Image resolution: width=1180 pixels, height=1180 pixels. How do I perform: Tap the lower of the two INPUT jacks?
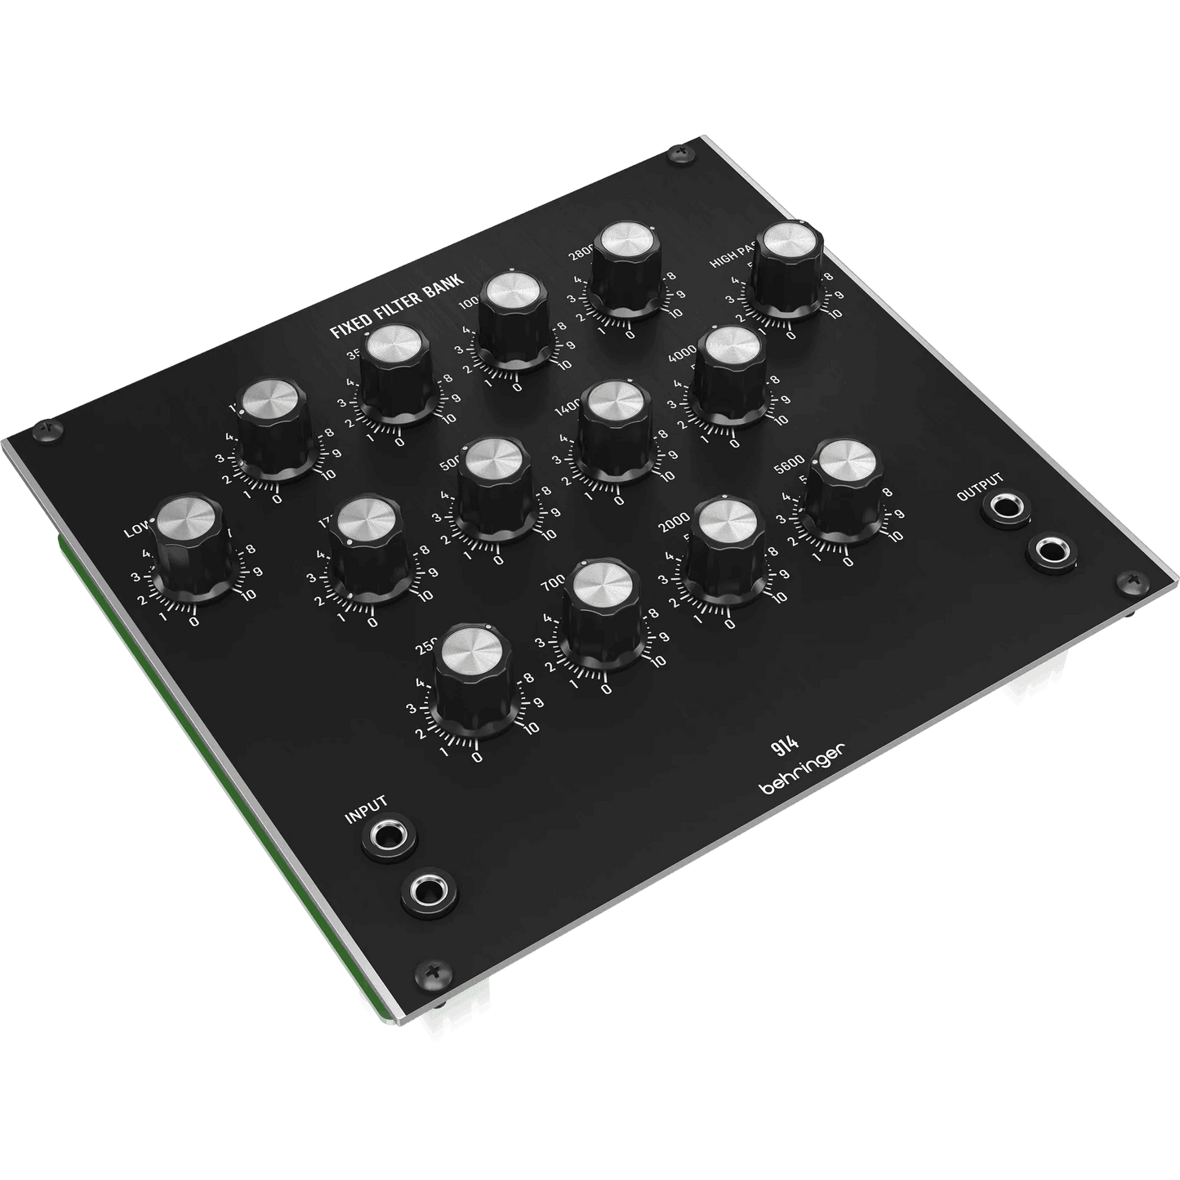tap(429, 892)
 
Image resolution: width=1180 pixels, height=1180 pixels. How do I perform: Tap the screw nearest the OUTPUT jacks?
tap(1132, 581)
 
